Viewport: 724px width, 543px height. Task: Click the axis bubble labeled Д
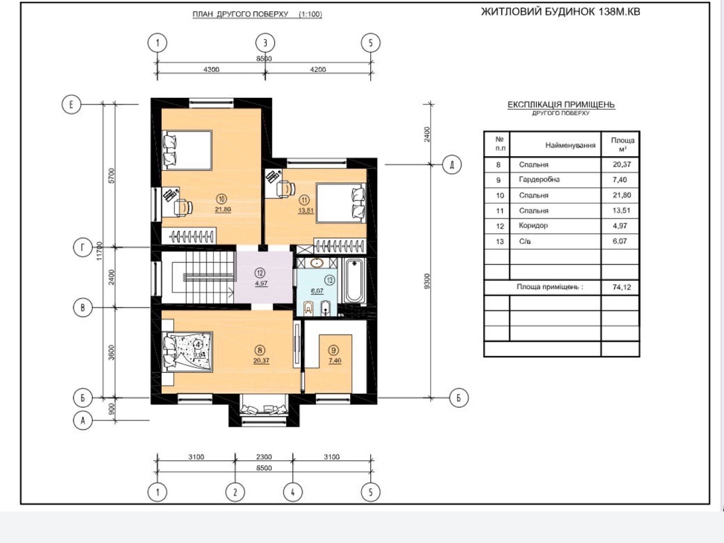pyautogui.click(x=452, y=165)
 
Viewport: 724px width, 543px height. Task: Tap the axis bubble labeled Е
pyautogui.click(x=71, y=105)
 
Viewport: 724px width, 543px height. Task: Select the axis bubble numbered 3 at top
pyautogui.click(x=265, y=43)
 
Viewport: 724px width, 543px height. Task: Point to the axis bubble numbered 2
pyautogui.click(x=235, y=493)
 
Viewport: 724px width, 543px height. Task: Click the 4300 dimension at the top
pyautogui.click(x=211, y=70)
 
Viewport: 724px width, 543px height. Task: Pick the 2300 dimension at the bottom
pyautogui.click(x=264, y=457)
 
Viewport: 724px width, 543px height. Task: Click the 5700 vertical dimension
pyautogui.click(x=111, y=176)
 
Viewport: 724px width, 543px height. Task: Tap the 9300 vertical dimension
pyautogui.click(x=427, y=281)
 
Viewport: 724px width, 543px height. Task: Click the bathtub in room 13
pyautogui.click(x=354, y=281)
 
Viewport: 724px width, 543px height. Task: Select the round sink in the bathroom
pyautogui.click(x=317, y=263)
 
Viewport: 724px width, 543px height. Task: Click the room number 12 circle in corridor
pyautogui.click(x=260, y=273)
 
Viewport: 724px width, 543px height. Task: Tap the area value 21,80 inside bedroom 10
pyautogui.click(x=223, y=210)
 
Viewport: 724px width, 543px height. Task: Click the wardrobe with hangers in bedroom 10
pyautogui.click(x=189, y=236)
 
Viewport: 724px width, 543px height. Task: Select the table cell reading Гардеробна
pyautogui.click(x=539, y=179)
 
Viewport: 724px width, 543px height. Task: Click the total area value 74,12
pyautogui.click(x=622, y=287)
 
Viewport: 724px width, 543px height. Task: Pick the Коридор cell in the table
pyautogui.click(x=533, y=225)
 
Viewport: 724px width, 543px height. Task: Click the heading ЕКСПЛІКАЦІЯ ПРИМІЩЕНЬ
pyautogui.click(x=561, y=105)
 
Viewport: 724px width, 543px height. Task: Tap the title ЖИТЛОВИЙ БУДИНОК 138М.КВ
pyautogui.click(x=561, y=12)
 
